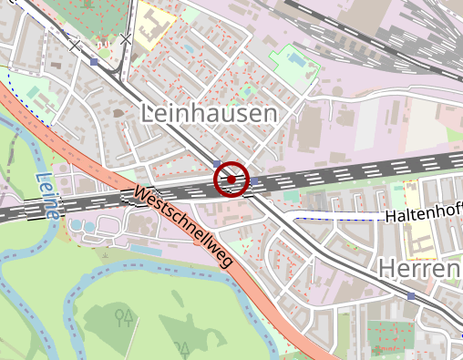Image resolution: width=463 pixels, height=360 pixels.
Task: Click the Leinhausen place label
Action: tap(209, 113)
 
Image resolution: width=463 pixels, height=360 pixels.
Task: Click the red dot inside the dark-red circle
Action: tap(231, 180)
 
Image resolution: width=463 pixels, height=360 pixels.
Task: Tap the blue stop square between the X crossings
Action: tap(94, 61)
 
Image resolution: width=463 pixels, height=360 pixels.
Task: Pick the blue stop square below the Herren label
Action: tap(412, 296)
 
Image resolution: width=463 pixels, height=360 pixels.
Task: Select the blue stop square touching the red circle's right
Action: tap(254, 181)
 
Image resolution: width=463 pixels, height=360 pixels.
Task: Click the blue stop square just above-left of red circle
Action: tap(216, 163)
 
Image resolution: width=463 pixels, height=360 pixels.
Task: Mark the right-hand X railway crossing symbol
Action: tap(126, 37)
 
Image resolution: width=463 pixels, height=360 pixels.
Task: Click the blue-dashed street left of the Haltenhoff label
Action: tap(337, 216)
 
